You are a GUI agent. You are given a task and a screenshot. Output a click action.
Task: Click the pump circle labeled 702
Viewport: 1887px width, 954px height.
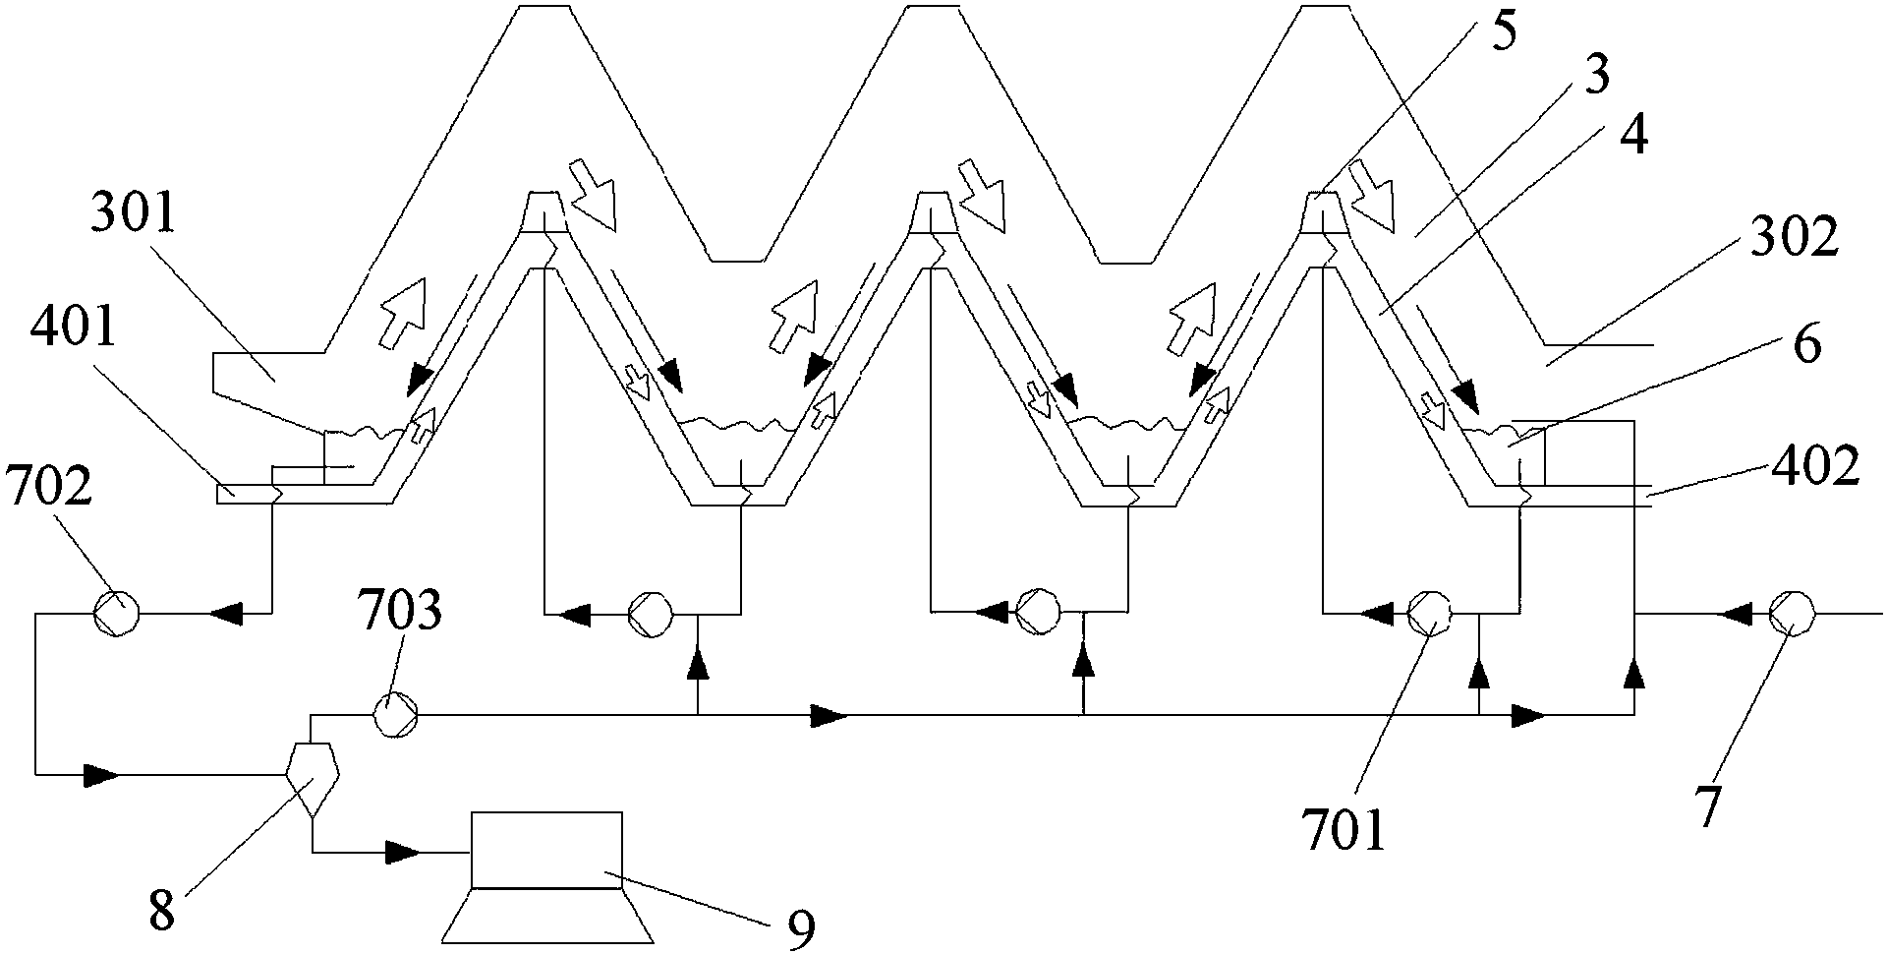(x=116, y=614)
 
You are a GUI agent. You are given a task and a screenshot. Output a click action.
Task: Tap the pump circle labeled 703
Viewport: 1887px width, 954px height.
(x=396, y=712)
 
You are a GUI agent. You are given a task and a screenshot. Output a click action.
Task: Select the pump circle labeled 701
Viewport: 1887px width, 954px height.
(x=1430, y=614)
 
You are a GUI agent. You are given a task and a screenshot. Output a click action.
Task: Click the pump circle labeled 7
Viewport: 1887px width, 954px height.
(x=1791, y=614)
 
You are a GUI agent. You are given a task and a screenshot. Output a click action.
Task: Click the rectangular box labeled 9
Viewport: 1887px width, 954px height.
(x=546, y=849)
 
